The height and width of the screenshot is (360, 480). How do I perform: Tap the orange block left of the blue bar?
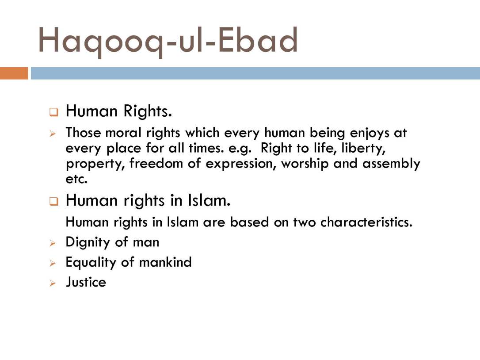14,73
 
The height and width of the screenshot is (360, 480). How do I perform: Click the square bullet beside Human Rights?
53,112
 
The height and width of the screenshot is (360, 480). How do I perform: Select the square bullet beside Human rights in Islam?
53,202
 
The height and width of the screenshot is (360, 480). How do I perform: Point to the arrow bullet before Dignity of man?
53,243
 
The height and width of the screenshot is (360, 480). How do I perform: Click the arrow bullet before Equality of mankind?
53,263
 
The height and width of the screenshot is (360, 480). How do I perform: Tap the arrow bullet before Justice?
53,283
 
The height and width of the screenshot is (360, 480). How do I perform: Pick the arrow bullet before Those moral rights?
53,134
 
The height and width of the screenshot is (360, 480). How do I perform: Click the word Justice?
86,282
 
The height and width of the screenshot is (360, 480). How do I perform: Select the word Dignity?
88,243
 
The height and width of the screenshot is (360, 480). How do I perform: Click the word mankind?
165,262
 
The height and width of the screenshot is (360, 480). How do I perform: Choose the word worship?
305,164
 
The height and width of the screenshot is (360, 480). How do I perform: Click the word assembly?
391,164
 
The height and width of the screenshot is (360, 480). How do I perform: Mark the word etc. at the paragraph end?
76,179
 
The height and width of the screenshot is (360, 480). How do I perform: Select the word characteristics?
366,222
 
